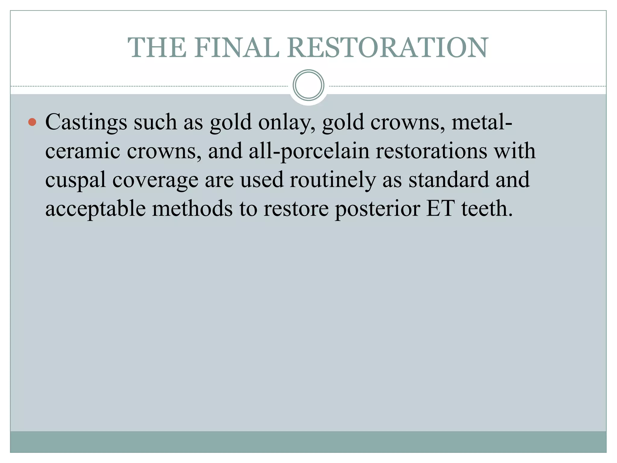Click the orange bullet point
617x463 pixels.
pos(32,122)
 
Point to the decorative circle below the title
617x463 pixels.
pos(308,85)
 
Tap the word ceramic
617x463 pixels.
pos(83,151)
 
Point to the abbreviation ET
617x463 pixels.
pos(440,208)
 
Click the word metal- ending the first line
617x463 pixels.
pos(482,122)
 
